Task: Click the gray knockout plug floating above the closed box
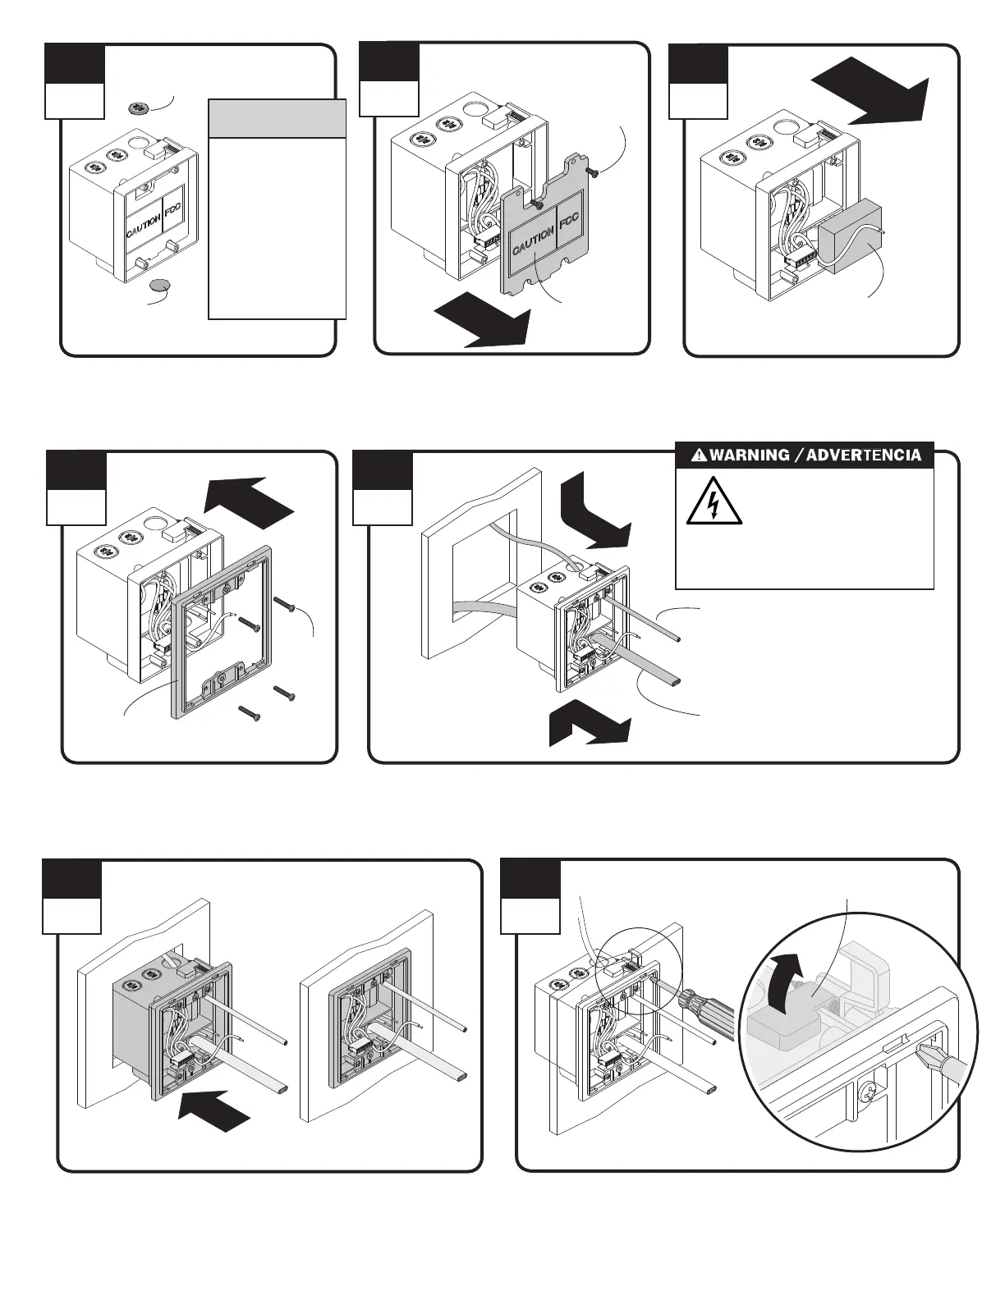pos(139,108)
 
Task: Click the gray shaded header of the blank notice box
pos(277,118)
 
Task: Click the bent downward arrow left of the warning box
pos(596,515)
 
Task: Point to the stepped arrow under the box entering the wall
pos(590,726)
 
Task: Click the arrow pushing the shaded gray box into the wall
pos(215,1114)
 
